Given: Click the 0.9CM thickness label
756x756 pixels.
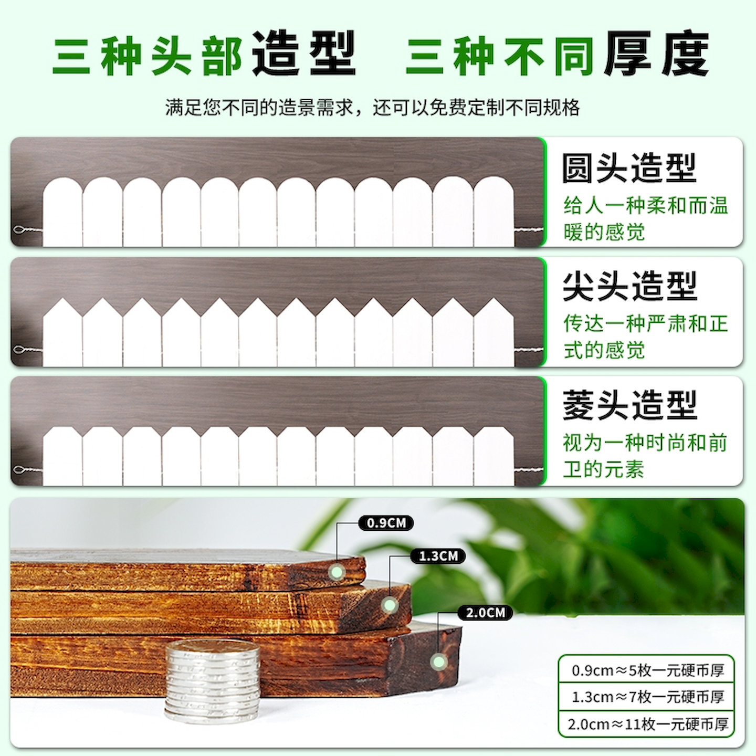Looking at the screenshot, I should (386, 523).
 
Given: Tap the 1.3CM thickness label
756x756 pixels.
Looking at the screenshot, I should (438, 556).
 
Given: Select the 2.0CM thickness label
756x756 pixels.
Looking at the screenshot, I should (485, 613).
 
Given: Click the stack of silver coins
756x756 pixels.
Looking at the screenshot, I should (213, 680).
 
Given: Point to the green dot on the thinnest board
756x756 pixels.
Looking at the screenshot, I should (336, 572).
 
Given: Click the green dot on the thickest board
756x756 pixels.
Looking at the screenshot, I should (438, 661).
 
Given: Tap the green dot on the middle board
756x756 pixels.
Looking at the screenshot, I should (389, 605).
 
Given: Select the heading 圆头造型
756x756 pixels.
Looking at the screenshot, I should (629, 169).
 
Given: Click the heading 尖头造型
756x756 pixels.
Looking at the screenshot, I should (629, 287).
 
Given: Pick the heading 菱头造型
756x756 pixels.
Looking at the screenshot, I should (629, 405).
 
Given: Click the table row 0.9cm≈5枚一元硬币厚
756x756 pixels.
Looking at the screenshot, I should (647, 670).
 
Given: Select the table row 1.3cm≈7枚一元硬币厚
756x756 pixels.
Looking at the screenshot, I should (647, 697).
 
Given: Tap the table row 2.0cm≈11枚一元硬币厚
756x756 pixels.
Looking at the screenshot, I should (647, 724).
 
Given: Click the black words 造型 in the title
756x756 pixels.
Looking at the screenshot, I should (304, 54).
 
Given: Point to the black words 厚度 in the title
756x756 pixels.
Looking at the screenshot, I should (656, 54).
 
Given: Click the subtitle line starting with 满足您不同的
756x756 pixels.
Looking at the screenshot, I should (372, 108).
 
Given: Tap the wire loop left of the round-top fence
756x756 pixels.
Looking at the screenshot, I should (20, 229).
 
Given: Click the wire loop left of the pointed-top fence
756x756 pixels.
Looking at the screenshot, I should (20, 349).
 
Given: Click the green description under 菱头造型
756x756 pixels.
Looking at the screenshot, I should (645, 456).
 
